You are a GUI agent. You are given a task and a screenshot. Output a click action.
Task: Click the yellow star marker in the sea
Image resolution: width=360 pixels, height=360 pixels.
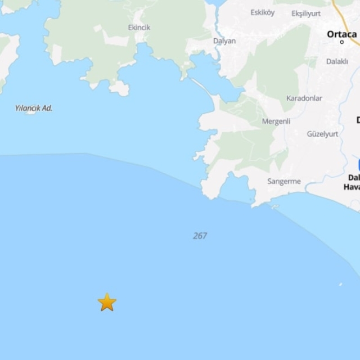tap(107, 302)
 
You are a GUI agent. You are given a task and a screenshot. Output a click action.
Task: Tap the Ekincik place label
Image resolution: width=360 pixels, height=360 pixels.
tap(139, 28)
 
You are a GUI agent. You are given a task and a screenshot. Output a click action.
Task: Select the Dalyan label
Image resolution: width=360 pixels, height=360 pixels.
tap(224, 41)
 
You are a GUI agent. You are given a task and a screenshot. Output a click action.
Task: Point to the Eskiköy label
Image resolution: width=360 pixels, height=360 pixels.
tap(262, 12)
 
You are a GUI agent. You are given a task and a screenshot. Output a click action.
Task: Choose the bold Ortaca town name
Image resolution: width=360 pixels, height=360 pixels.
tap(342, 34)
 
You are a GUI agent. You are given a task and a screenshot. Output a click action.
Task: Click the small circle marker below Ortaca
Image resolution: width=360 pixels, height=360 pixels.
tap(342, 42)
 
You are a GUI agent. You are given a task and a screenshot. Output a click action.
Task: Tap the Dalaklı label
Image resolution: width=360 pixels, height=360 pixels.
tap(337, 61)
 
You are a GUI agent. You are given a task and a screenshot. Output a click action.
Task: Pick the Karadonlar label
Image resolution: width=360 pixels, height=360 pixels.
tap(304, 98)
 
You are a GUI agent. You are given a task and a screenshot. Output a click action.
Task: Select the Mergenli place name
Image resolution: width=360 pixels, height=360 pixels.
tap(276, 121)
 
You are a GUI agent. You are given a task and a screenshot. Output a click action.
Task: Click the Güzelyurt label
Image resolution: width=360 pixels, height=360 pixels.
tap(322, 134)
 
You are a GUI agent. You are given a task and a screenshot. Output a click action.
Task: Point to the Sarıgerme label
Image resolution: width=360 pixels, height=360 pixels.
tap(284, 182)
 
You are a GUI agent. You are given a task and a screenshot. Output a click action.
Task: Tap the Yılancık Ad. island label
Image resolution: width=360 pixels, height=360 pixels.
tap(34, 108)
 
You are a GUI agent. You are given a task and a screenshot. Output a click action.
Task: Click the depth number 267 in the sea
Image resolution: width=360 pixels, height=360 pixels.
tap(200, 236)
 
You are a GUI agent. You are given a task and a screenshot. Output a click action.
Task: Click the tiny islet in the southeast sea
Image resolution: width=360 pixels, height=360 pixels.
tap(340, 285)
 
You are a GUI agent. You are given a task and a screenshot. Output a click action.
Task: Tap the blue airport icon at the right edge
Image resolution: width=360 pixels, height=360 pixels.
tap(358, 164)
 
